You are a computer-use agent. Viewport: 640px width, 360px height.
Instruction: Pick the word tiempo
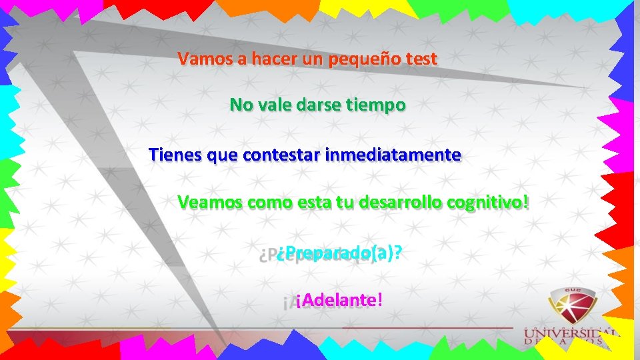pos(375,105)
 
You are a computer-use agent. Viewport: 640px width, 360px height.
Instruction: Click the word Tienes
pos(176,155)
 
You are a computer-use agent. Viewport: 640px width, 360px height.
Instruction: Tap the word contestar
pos(283,155)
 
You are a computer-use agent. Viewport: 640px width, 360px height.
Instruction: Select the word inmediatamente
pos(393,155)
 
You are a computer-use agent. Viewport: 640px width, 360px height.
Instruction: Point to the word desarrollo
pos(400,202)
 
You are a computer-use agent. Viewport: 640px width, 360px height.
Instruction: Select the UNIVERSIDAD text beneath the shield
pos(572,333)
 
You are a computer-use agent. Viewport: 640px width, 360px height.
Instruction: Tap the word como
pos(269,202)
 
